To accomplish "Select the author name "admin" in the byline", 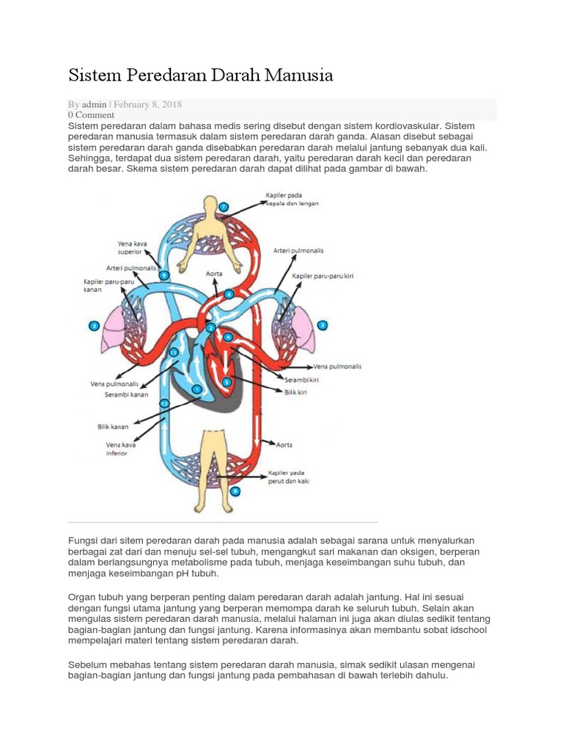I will pos(95,105).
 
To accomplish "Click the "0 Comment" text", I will pos(91,115).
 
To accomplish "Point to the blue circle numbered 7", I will pos(224,208).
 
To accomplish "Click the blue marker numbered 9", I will pos(165,275).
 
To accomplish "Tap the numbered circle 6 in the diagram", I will pos(229,294).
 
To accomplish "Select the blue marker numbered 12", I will pos(164,403).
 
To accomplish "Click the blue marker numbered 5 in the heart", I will pos(227,382).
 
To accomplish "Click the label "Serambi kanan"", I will pos(126,395).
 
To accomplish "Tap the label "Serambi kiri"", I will pos(299,379).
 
